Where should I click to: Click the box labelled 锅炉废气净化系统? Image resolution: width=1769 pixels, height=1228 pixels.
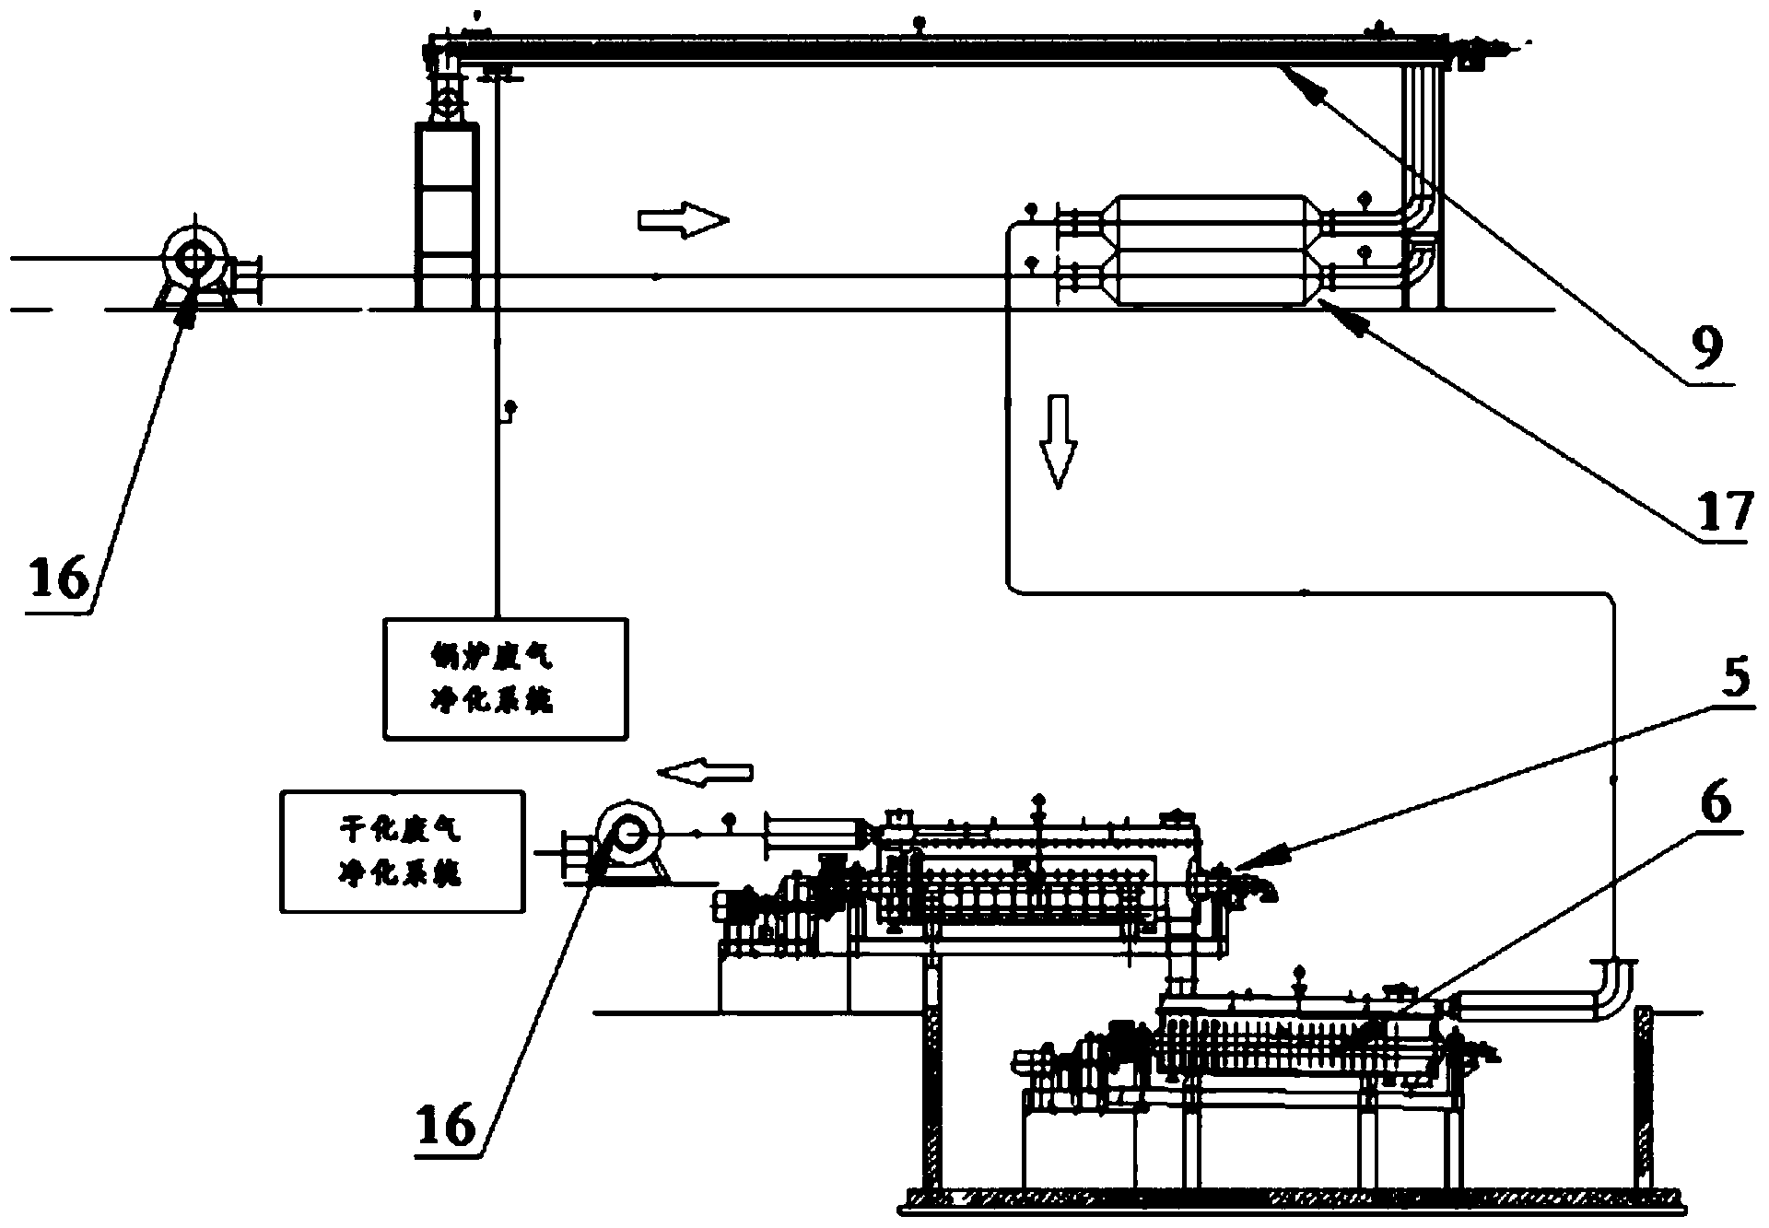pyautogui.click(x=505, y=678)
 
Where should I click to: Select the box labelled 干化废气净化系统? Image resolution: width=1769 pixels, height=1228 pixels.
pyautogui.click(x=403, y=851)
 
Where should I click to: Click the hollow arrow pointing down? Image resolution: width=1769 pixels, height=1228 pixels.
pyautogui.click(x=1057, y=440)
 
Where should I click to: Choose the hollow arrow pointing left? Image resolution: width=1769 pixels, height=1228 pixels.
pyautogui.click(x=707, y=772)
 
